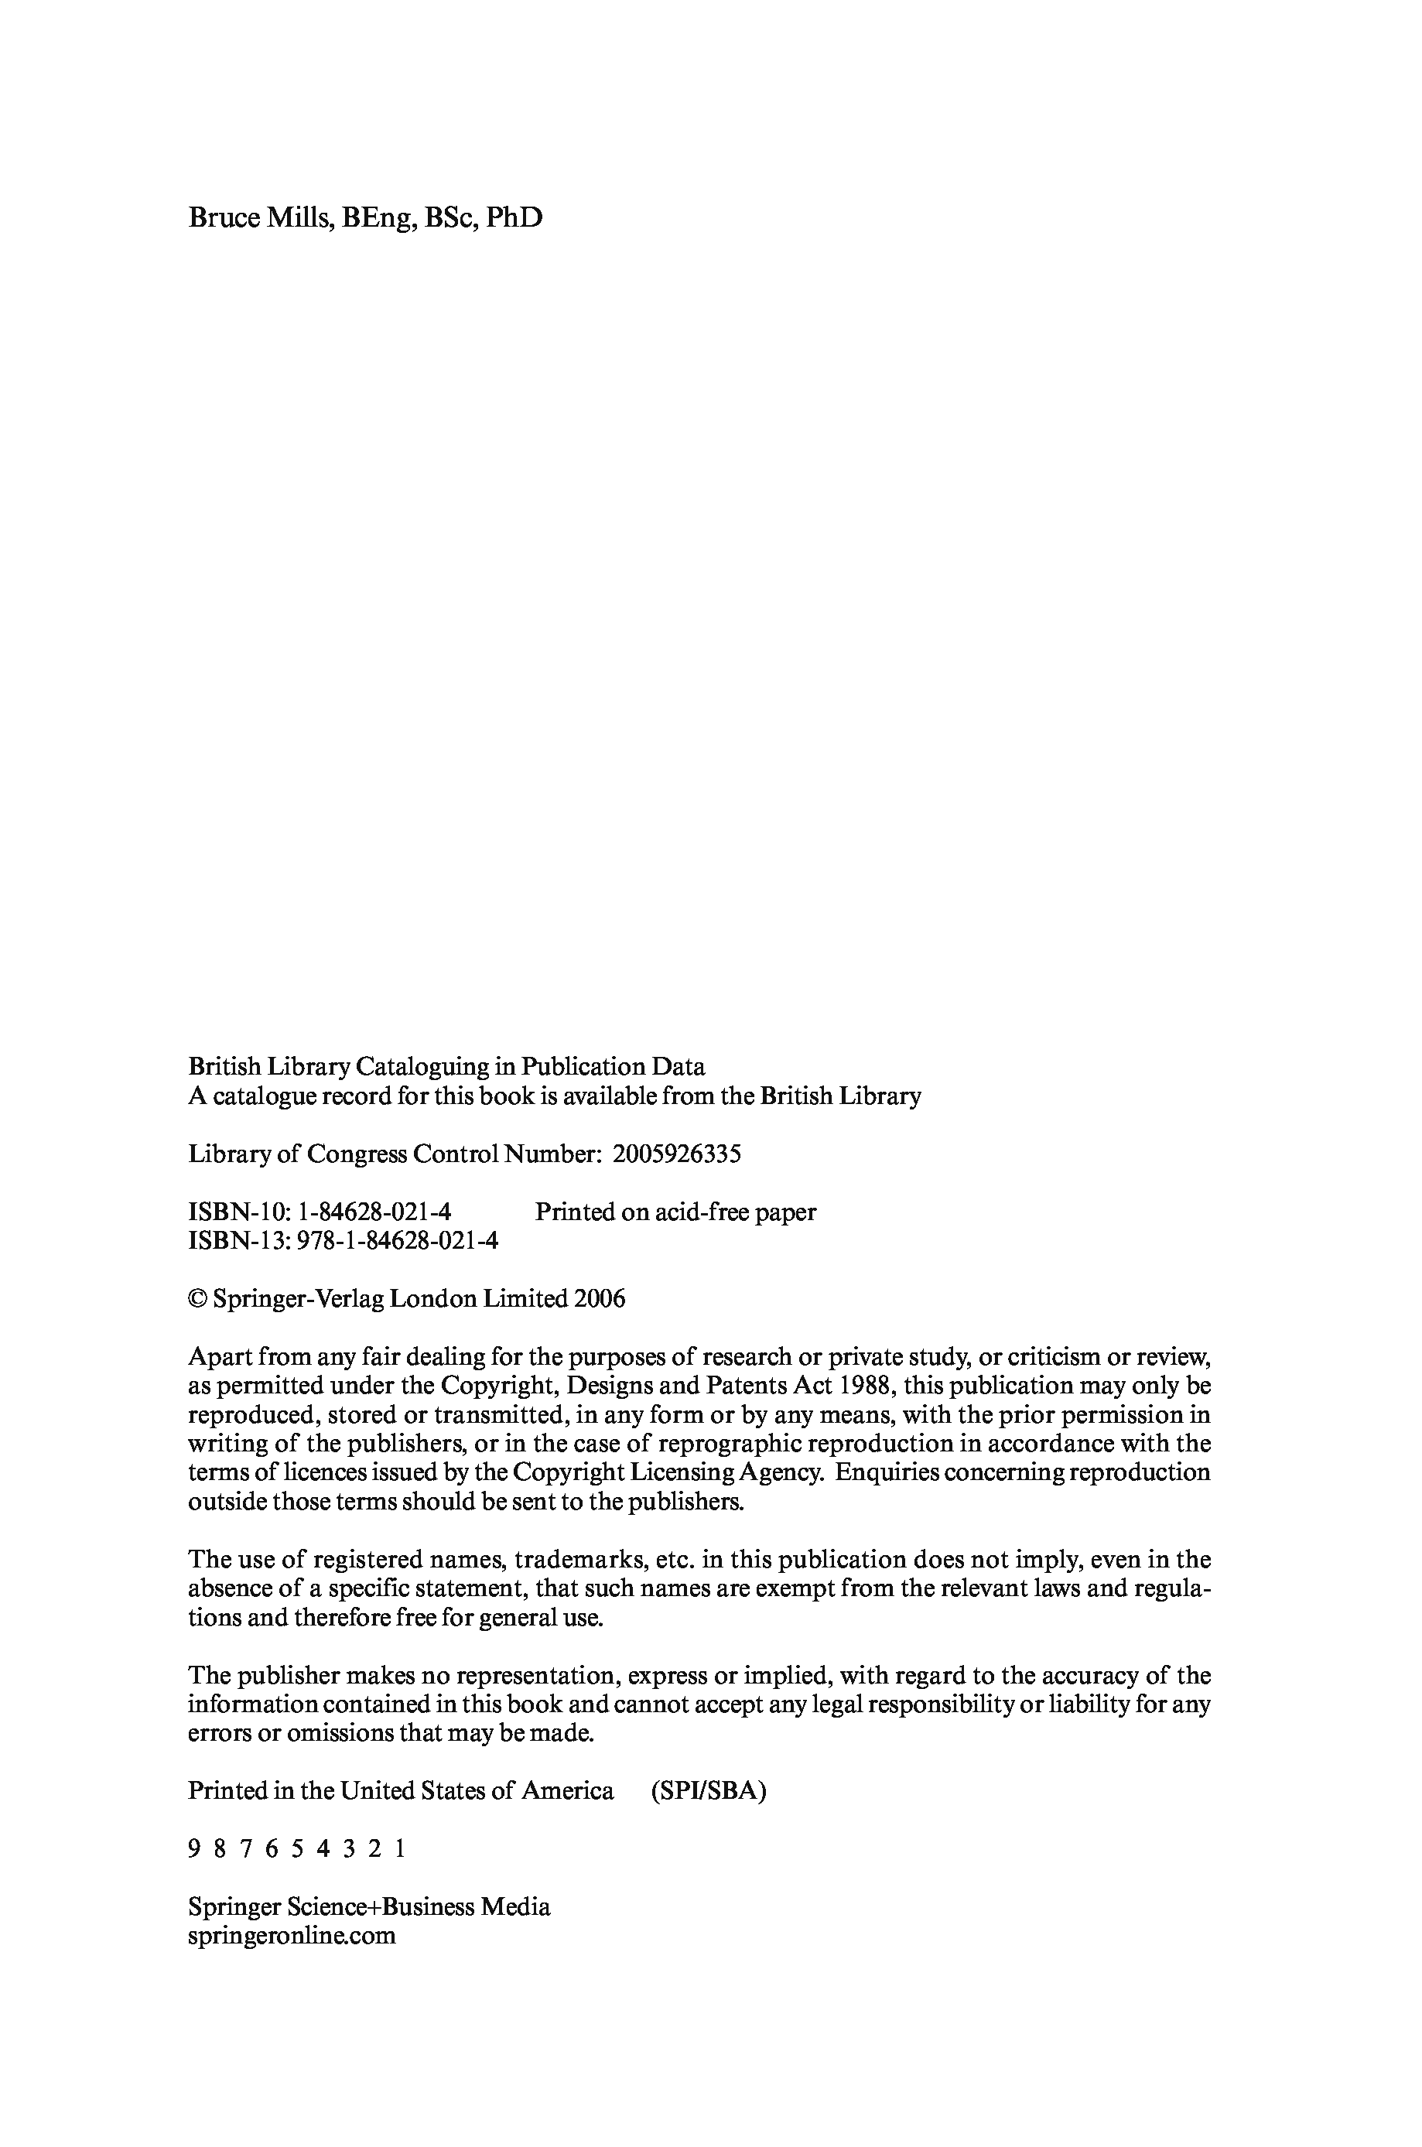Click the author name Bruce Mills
(258, 218)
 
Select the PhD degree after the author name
(514, 218)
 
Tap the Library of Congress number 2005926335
(676, 1154)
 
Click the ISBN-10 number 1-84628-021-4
(374, 1212)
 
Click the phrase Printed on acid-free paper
(675, 1212)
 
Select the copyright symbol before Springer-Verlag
(197, 1299)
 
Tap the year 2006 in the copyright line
(600, 1299)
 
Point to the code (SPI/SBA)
(708, 1790)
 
